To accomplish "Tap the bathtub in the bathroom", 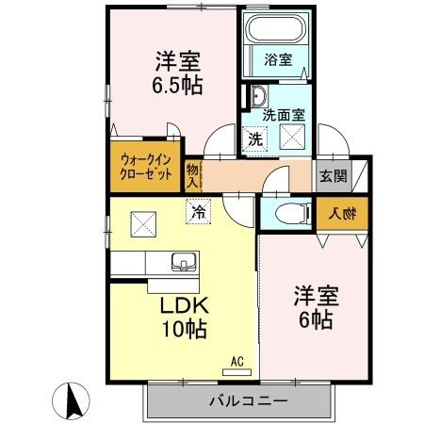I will (276, 32).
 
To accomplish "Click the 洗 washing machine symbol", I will (254, 139).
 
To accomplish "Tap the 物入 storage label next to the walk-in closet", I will (192, 175).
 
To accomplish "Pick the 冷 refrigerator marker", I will (198, 214).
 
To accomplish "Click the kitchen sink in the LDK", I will (181, 261).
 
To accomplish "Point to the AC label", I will (237, 360).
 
